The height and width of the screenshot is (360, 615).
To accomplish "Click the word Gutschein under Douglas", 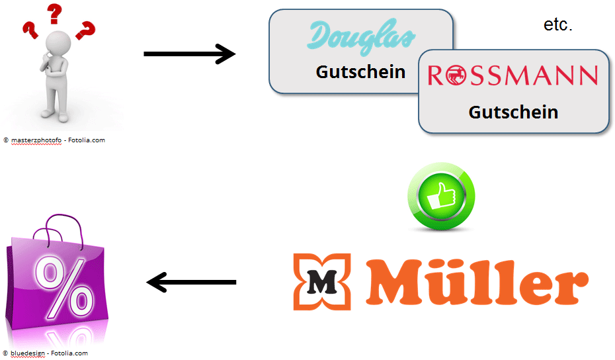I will (x=360, y=71).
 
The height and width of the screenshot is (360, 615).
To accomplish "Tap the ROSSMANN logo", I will (x=512, y=75).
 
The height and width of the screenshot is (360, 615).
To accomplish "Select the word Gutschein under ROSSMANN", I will (x=513, y=112).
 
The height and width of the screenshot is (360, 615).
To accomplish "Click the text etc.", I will (x=557, y=26).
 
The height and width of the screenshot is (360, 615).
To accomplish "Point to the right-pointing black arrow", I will (x=189, y=54).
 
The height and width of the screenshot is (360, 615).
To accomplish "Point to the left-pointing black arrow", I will (x=191, y=283).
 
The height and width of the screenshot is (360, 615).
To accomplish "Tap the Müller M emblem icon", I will (x=321, y=282).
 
